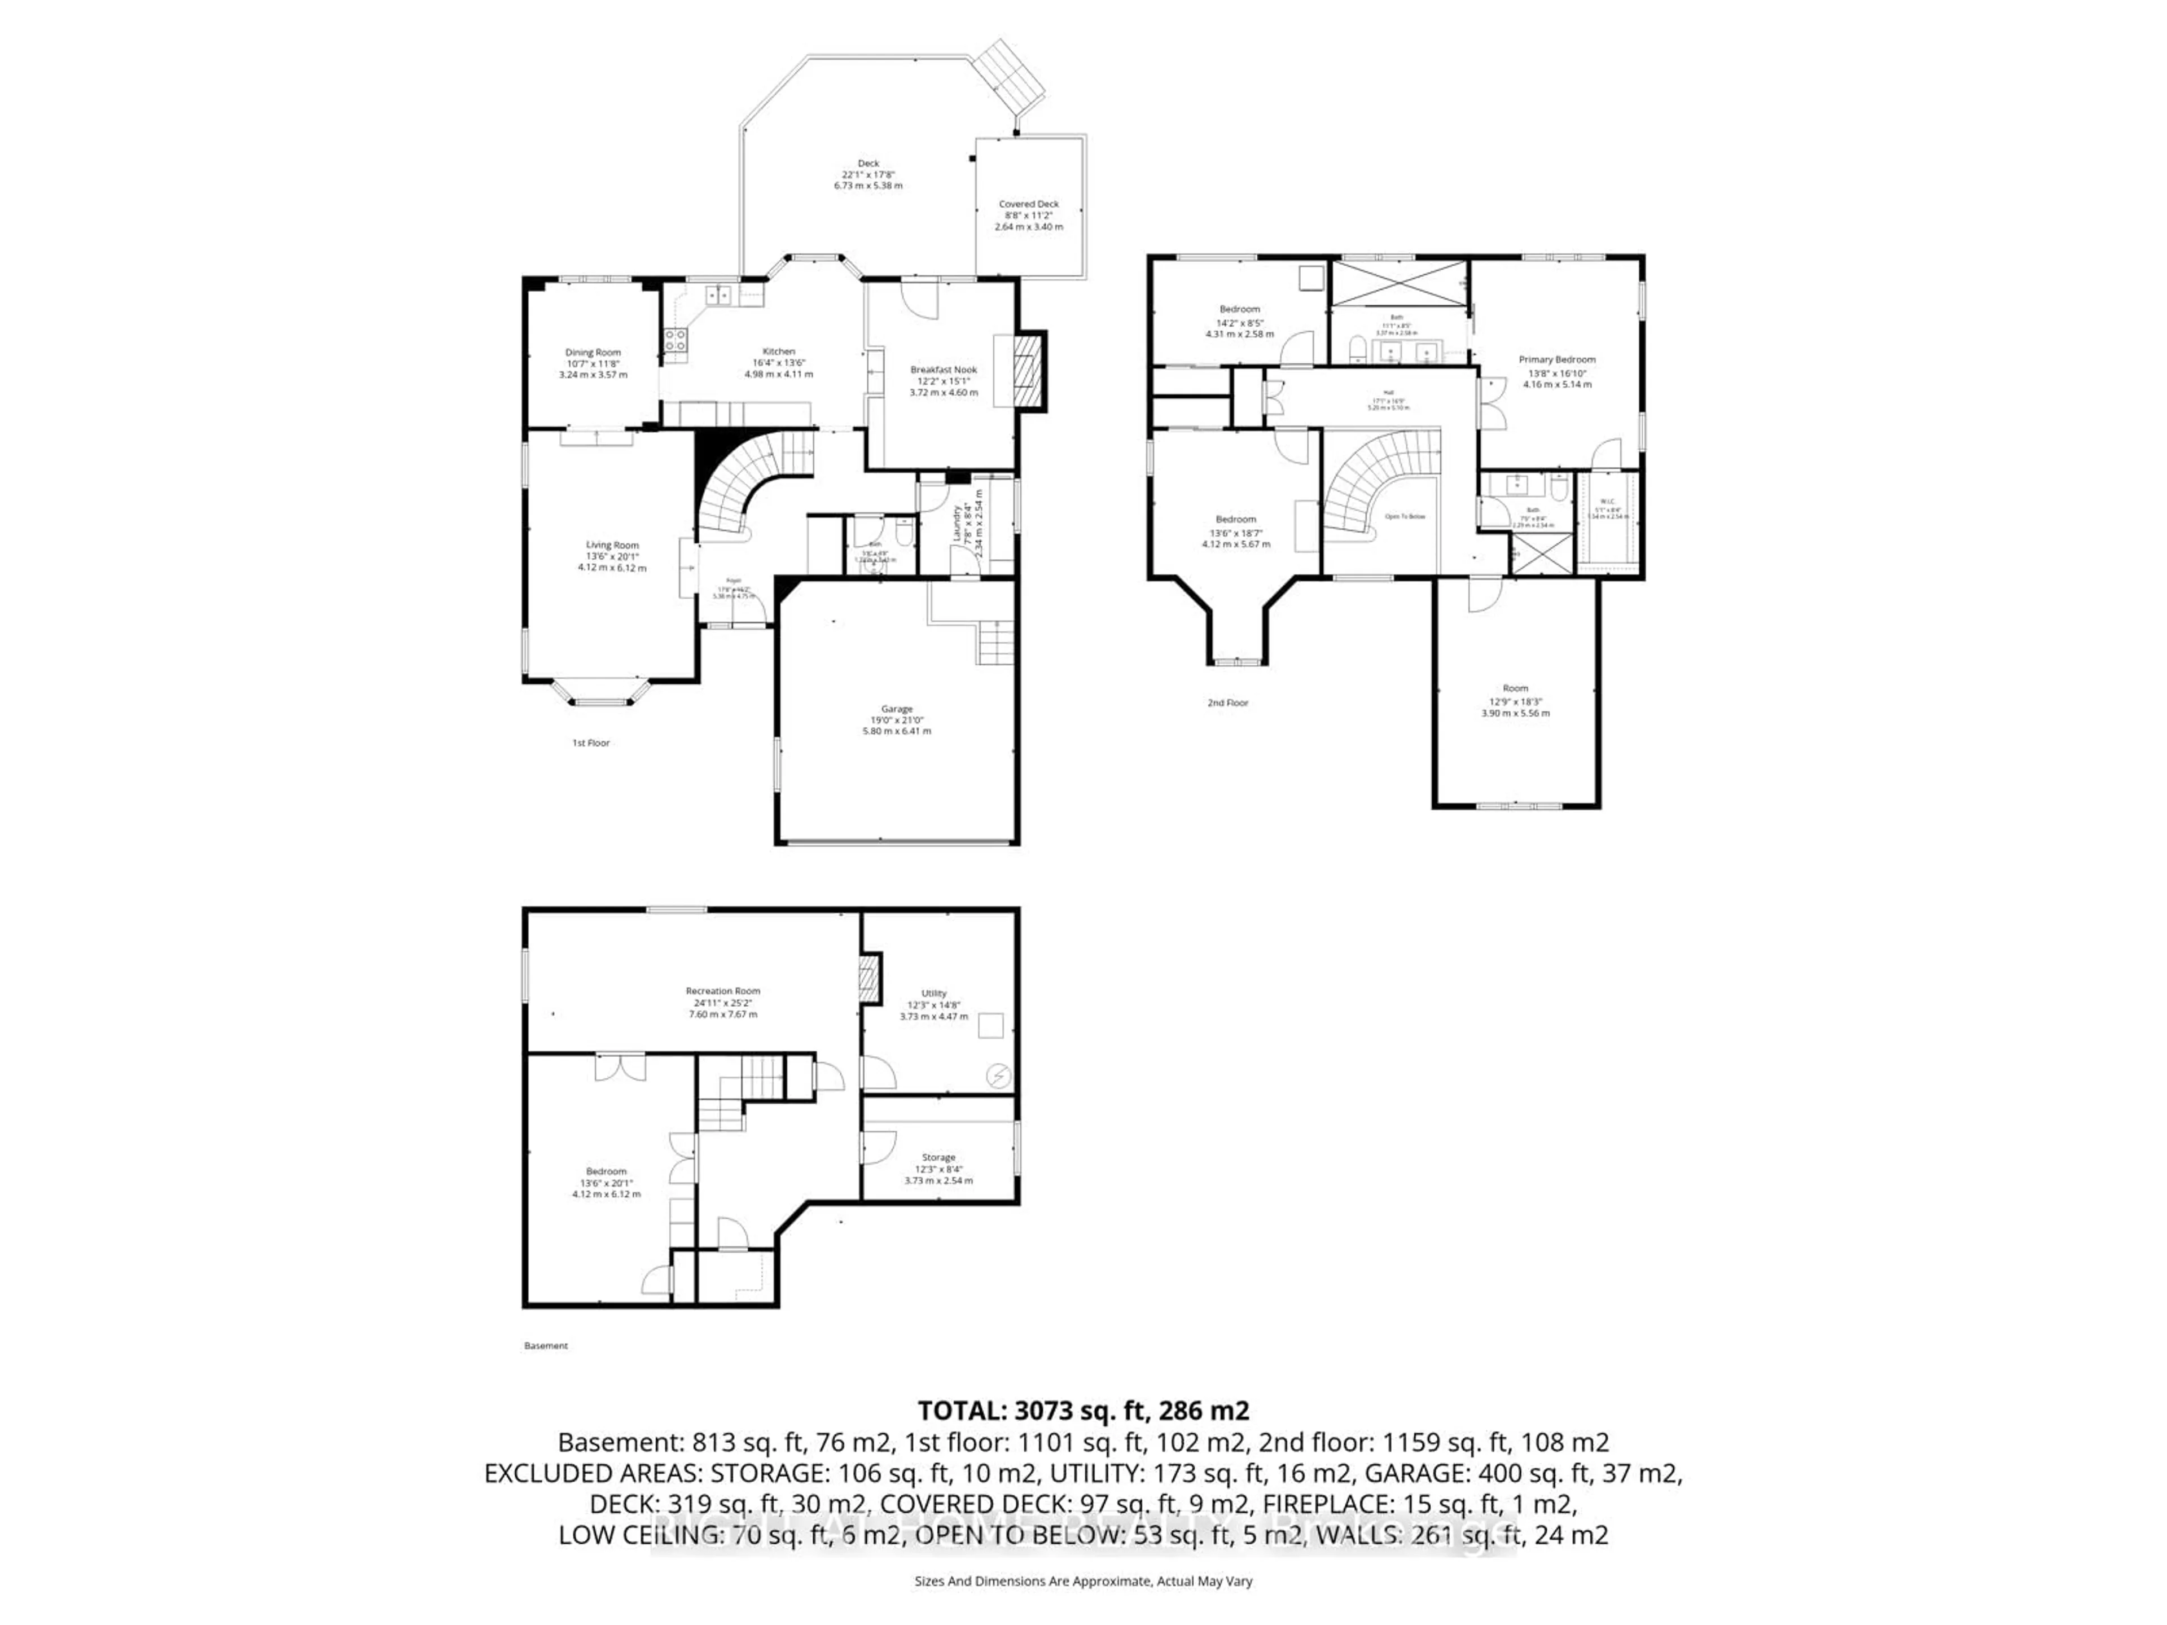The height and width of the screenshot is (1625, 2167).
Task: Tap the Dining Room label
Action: click(593, 353)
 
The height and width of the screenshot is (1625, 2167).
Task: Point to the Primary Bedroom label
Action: click(1556, 359)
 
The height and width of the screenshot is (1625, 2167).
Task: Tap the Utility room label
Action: click(933, 993)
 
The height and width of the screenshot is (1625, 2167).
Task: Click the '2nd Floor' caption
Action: click(1227, 703)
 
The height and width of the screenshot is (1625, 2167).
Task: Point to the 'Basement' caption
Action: click(546, 1346)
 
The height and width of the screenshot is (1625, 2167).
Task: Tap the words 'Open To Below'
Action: click(1405, 516)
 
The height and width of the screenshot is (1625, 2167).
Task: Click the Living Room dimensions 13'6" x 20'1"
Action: click(612, 556)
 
